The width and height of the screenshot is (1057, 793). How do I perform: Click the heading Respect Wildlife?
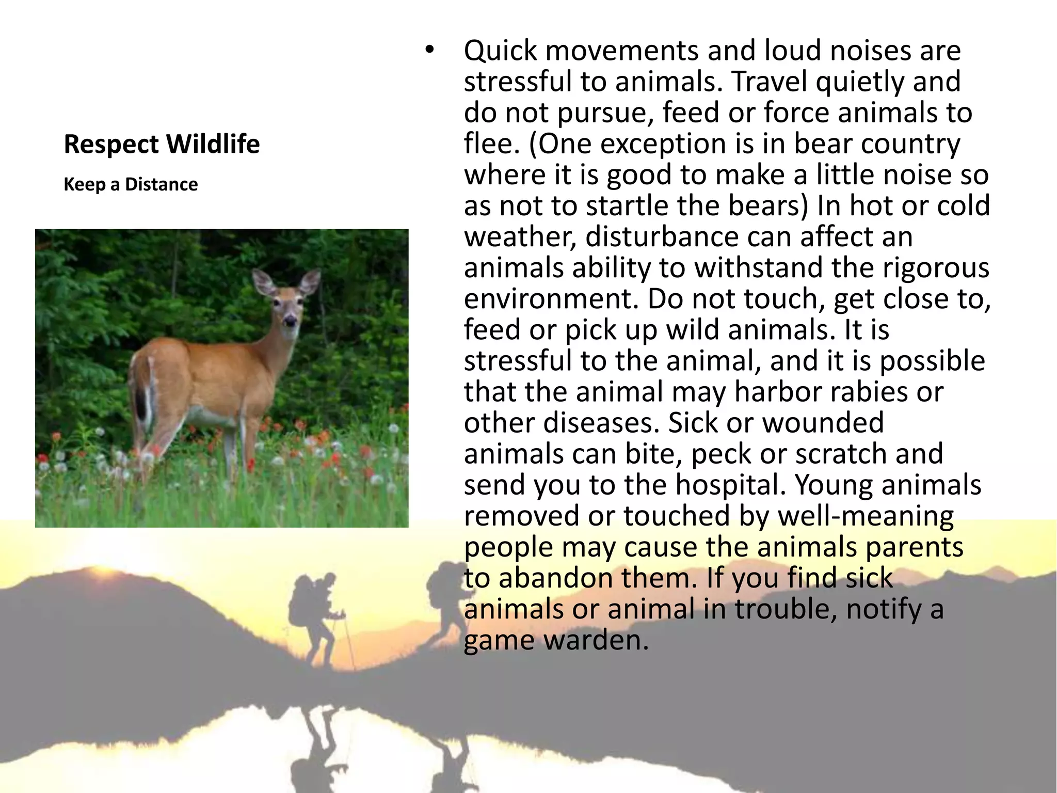pos(162,144)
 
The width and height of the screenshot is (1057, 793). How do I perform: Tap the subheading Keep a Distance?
pos(131,184)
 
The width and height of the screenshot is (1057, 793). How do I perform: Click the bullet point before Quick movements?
pos(428,51)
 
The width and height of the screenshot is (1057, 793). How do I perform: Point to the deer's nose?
pos(290,322)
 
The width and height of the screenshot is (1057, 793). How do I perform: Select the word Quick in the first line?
pos(499,51)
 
